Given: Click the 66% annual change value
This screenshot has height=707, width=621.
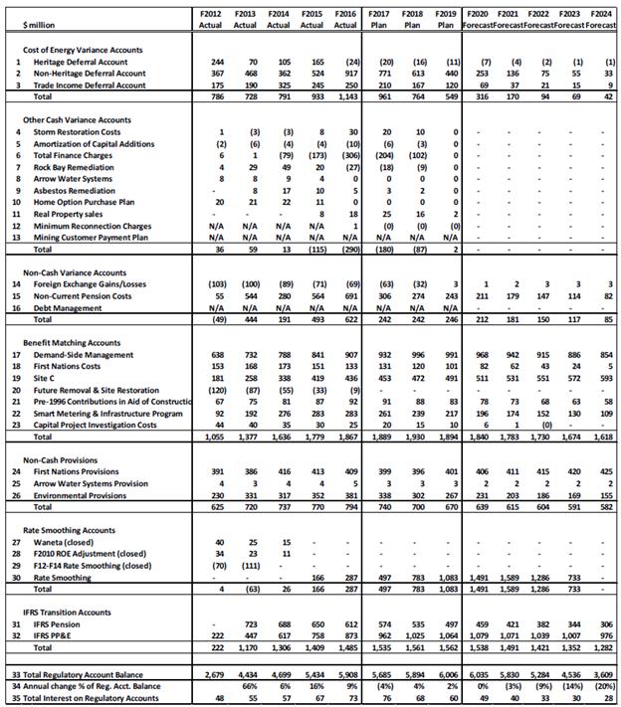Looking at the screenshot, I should point(249,686).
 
